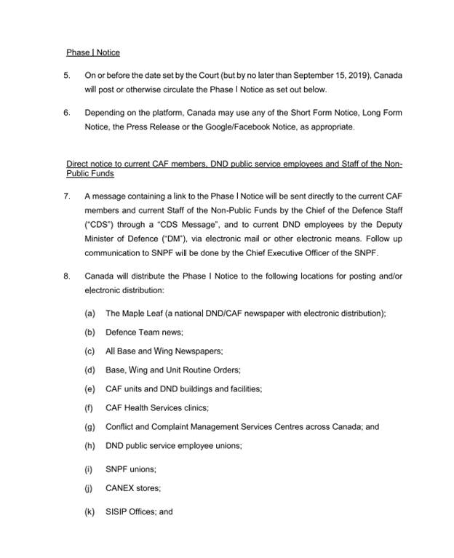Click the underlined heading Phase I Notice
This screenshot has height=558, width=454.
(93, 52)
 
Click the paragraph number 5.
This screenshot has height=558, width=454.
(67, 76)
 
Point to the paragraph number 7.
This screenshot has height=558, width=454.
(67, 196)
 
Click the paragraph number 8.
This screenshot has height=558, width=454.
(67, 276)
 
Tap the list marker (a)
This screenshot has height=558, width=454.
(90, 313)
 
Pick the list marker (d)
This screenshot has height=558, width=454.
(90, 370)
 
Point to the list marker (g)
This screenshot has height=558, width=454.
(90, 426)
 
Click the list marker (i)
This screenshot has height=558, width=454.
(89, 469)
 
